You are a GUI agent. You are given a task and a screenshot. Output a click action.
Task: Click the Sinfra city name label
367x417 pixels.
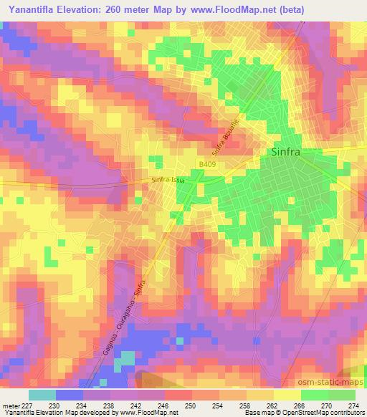coord(285,153)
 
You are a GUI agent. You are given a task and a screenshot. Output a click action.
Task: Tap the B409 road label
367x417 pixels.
coord(207,165)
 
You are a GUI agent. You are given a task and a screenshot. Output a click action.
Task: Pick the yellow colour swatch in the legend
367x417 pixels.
coord(287,395)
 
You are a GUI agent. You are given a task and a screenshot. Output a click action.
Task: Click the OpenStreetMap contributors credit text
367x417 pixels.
coord(329,413)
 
